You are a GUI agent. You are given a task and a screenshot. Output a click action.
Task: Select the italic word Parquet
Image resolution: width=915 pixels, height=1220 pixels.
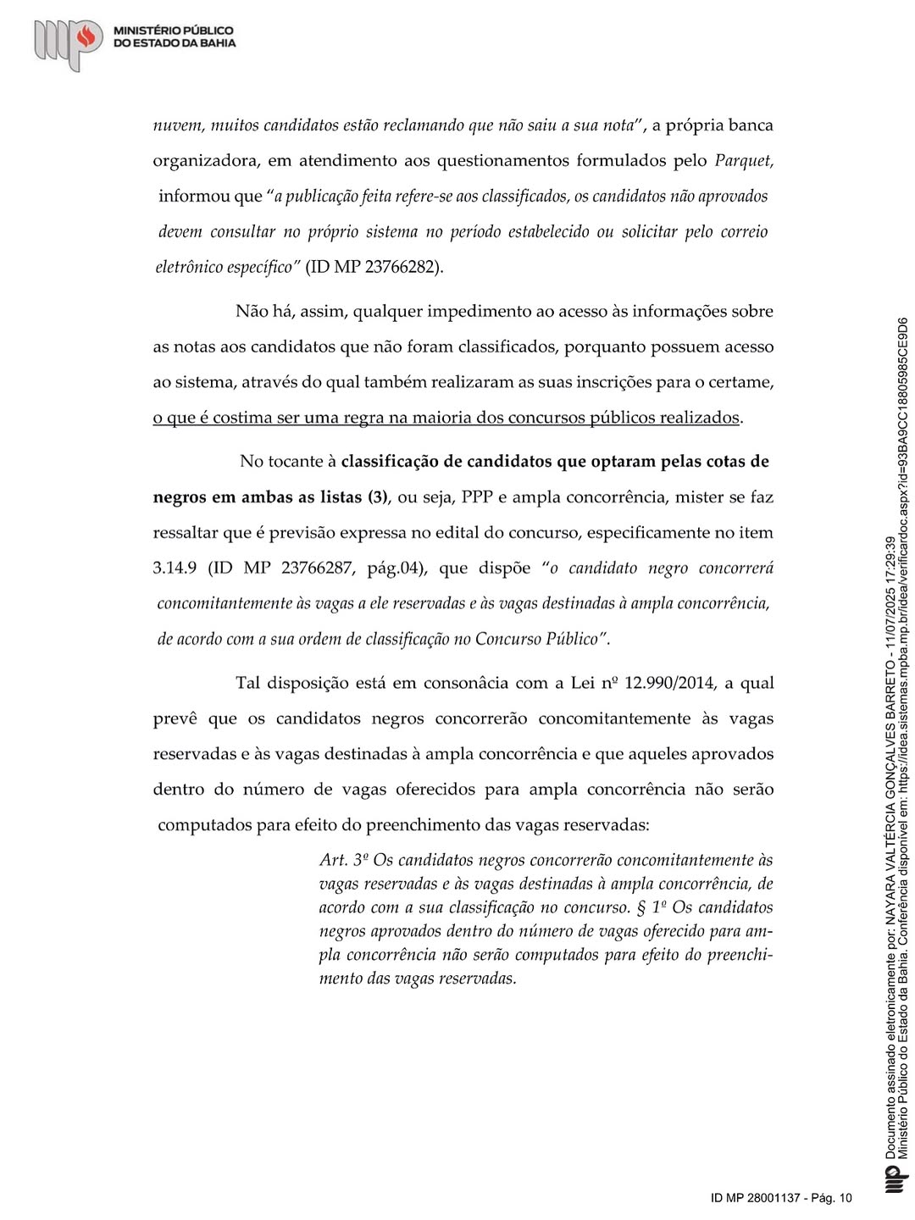[744, 160]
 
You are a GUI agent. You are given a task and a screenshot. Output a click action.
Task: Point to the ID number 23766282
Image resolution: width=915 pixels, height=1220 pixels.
[403, 267]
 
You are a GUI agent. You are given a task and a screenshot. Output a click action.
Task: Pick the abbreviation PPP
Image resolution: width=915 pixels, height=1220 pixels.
[478, 497]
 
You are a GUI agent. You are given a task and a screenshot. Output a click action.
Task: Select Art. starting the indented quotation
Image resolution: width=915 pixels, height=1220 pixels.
[333, 860]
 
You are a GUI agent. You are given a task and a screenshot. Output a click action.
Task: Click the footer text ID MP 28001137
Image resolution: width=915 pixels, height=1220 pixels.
[754, 1198]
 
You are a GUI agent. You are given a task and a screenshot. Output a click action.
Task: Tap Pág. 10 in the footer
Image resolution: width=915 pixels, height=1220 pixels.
[831, 1198]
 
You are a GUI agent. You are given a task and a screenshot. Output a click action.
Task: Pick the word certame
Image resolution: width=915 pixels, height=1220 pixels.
[742, 382]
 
